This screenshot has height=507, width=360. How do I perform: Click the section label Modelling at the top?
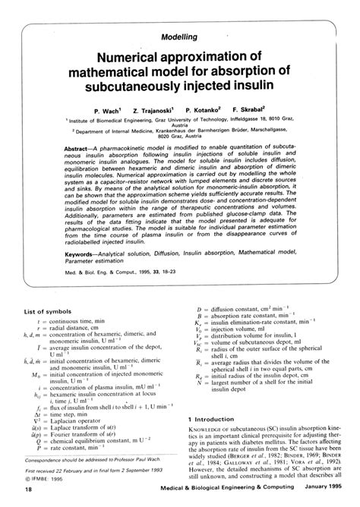point(180,36)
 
